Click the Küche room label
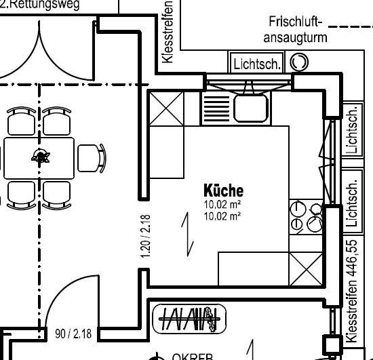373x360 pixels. [223, 191]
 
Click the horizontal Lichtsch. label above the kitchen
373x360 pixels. [257, 64]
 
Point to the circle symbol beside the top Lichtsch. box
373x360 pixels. [298, 63]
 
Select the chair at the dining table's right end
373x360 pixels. [92, 157]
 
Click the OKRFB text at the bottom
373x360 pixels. [193, 356]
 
